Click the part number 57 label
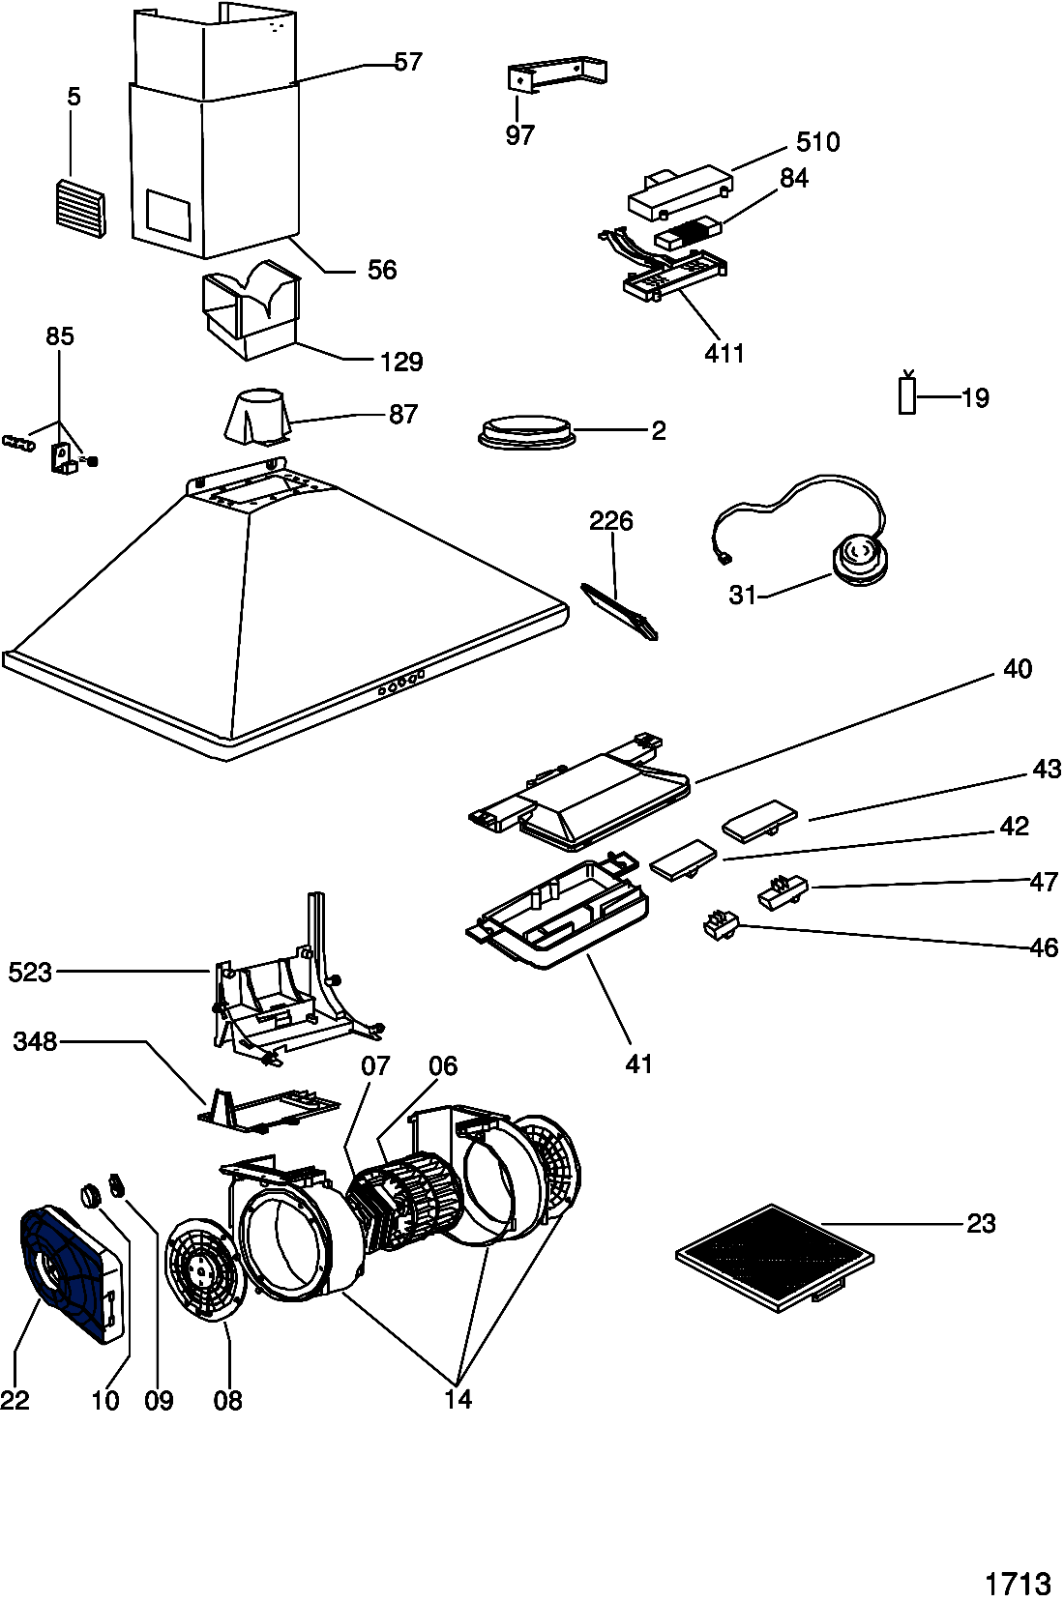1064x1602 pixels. [x=408, y=62]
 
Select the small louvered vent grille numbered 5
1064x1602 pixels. [x=80, y=207]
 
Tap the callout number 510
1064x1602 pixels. [x=818, y=142]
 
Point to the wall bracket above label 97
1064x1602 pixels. [x=557, y=74]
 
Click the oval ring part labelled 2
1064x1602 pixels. [x=526, y=432]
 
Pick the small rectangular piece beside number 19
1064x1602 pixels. [x=907, y=394]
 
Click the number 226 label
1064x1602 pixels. [x=611, y=521]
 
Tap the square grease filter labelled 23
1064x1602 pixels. [x=775, y=1258]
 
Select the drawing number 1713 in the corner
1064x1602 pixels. [x=1019, y=1582]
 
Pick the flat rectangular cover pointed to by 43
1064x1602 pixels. [x=760, y=820]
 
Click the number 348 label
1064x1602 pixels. [x=35, y=1041]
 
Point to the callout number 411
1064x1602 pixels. [x=724, y=353]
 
